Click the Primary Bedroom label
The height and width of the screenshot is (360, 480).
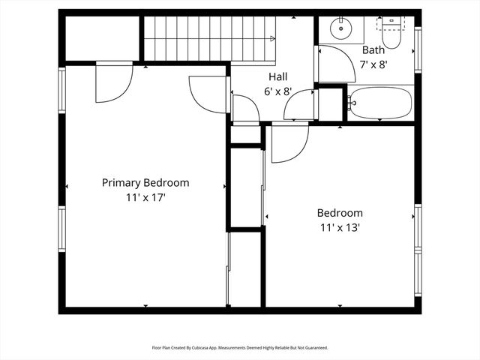(x=145, y=182)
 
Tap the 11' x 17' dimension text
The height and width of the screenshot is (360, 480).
(x=145, y=198)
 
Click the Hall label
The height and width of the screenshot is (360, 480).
(x=277, y=76)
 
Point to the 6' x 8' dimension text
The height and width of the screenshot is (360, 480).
(x=277, y=91)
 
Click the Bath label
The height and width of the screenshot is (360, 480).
(x=373, y=50)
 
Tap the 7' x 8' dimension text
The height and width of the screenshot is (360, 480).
(x=373, y=64)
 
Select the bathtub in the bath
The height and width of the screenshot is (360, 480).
(x=380, y=103)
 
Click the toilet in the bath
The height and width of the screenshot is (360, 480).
(x=391, y=34)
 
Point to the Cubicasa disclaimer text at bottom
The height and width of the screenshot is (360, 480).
(x=240, y=347)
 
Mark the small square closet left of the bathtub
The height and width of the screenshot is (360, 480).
(x=330, y=105)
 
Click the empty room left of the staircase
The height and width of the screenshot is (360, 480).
(x=101, y=37)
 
